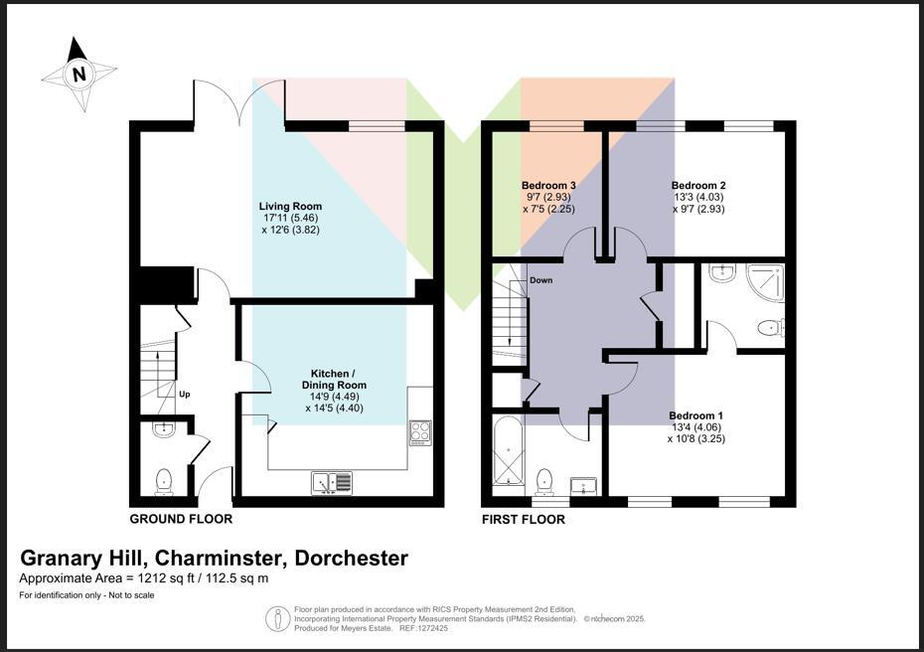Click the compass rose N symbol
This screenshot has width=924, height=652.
(79, 74)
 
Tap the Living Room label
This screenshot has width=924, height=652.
(290, 207)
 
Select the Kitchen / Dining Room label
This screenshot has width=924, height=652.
(334, 379)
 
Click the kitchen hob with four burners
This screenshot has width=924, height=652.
(420, 431)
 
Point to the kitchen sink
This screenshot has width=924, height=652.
(331, 482)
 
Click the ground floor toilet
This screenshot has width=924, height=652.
(164, 481)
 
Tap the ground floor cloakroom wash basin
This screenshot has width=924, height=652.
(164, 429)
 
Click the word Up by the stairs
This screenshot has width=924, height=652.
(184, 395)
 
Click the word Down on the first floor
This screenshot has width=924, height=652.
(540, 280)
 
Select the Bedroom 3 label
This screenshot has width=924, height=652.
(548, 186)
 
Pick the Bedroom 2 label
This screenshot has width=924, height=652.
(698, 186)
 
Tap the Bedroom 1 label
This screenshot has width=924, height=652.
(695, 415)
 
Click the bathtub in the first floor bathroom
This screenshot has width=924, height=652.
(508, 454)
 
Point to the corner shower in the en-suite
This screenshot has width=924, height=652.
(764, 282)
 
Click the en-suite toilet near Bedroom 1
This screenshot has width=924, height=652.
(770, 327)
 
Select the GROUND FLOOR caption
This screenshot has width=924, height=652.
(181, 519)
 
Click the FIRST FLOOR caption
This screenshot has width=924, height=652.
(524, 519)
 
